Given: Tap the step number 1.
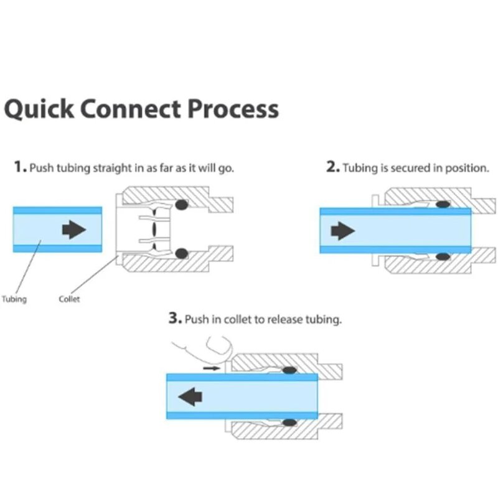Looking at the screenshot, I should click(20, 168).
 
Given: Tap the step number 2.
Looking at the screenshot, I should click(332, 168).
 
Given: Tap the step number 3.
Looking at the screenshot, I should click(174, 319).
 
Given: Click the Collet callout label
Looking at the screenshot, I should click(69, 299).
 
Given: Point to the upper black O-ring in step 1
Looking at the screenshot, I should click(182, 204).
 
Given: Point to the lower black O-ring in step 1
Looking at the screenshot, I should click(182, 253).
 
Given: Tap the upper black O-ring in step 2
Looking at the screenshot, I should click(443, 204).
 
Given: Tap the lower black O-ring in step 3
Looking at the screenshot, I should click(288, 423).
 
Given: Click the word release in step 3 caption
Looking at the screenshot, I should click(291, 320).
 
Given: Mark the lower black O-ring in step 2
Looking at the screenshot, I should click(443, 256).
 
